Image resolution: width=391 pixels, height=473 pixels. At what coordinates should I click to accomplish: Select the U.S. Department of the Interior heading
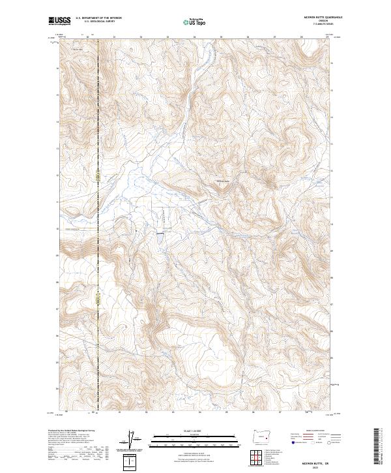click(98, 18)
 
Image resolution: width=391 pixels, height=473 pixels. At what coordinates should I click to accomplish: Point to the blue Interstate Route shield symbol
click(293, 442)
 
